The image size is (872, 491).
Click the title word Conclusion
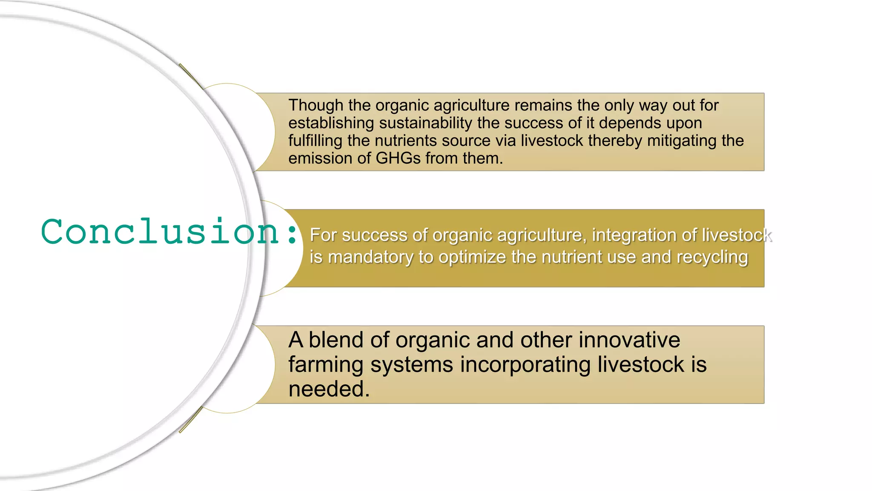click(160, 231)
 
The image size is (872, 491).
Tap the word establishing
click(331, 123)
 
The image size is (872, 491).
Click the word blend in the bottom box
click(336, 340)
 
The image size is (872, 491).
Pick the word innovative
click(629, 340)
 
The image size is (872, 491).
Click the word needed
click(329, 389)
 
